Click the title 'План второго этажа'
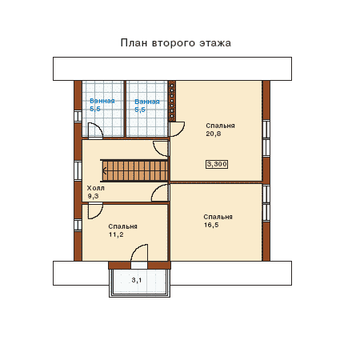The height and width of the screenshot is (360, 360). (x=176, y=43)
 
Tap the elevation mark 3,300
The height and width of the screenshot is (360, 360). (x=217, y=164)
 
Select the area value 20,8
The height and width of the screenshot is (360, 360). (x=214, y=134)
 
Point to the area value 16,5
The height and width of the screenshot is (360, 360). (x=211, y=225)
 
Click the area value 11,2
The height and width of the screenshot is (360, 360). (x=116, y=234)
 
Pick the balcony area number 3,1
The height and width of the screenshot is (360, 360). (x=137, y=280)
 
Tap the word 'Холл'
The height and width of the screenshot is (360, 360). (x=96, y=188)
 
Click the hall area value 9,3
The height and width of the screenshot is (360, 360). (x=93, y=196)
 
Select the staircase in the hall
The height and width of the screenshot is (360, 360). (x=134, y=170)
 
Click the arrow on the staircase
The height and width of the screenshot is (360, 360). (x=105, y=170)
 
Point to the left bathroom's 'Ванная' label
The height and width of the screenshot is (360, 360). (x=102, y=101)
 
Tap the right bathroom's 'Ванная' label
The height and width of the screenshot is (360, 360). (x=147, y=102)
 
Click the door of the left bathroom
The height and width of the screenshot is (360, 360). (x=95, y=130)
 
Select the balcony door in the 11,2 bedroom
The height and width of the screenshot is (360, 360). (x=139, y=253)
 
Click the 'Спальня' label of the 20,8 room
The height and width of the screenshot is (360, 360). (x=220, y=126)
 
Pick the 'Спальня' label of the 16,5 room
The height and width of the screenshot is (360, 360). (x=218, y=217)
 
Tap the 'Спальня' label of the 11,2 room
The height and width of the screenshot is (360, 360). (x=123, y=226)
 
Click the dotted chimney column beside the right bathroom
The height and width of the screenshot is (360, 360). (x=172, y=101)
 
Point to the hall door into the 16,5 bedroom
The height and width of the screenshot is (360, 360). (x=160, y=193)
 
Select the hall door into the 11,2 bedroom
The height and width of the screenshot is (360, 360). (x=95, y=210)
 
